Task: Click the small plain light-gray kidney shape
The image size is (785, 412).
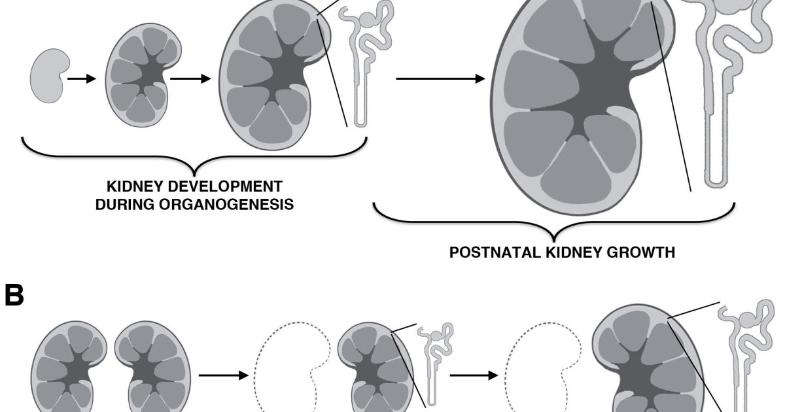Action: [46, 77]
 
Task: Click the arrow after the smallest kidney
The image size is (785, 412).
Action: [82, 78]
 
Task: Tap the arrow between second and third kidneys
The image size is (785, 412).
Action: [190, 78]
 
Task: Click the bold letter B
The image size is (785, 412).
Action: [14, 296]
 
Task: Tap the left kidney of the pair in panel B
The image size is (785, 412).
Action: [69, 366]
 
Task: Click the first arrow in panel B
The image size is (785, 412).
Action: [222, 375]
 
